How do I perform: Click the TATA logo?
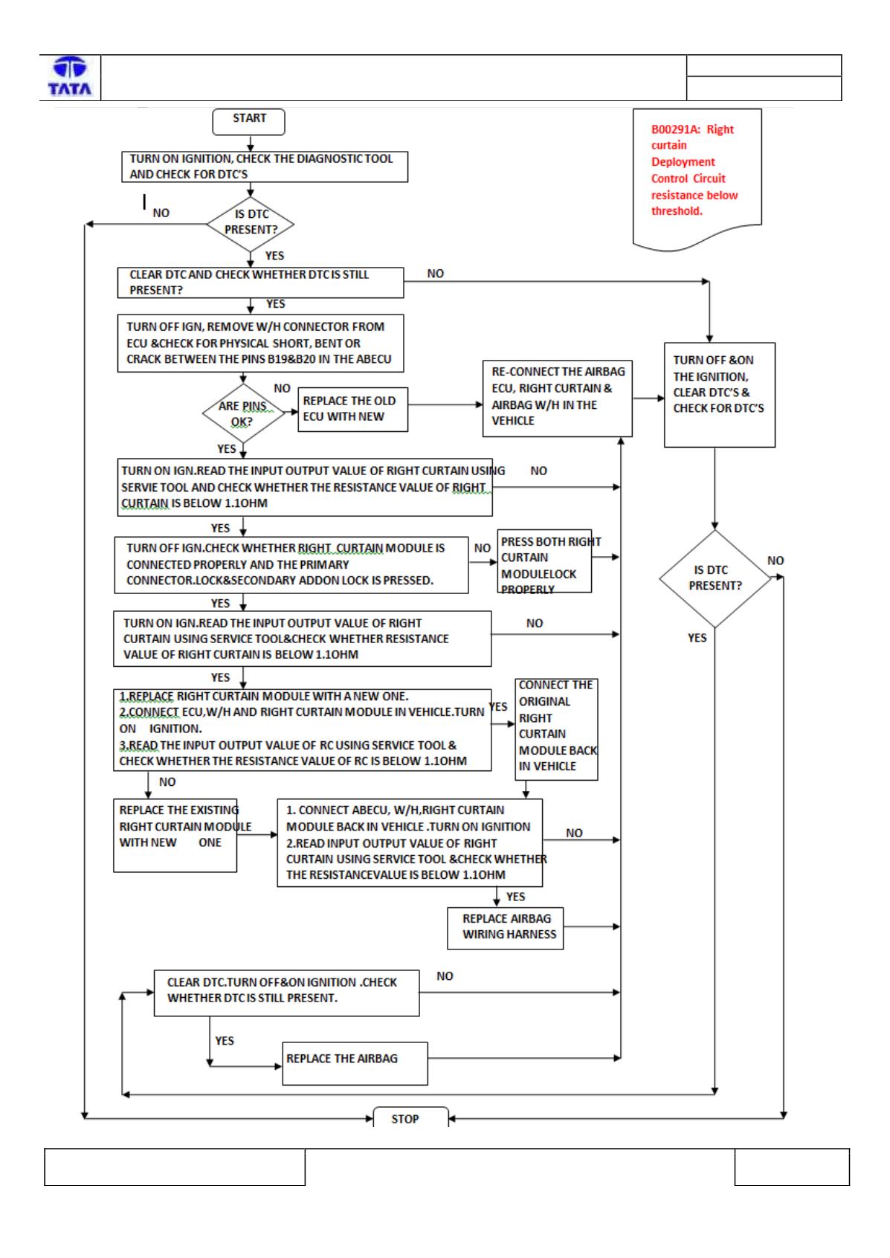pyautogui.click(x=70, y=76)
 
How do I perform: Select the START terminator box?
pyautogui.click(x=248, y=121)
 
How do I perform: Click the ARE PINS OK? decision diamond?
pyautogui.click(x=243, y=413)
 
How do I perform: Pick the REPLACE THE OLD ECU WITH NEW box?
pyautogui.click(x=352, y=409)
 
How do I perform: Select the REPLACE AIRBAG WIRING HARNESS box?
pyautogui.click(x=505, y=928)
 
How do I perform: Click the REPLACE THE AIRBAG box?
pyautogui.click(x=355, y=1063)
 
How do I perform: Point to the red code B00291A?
pyautogui.click(x=675, y=129)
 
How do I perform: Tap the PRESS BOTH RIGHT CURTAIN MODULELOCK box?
pyautogui.click(x=544, y=561)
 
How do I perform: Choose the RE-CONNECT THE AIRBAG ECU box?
pyautogui.click(x=557, y=399)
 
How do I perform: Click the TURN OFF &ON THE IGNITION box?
pyautogui.click(x=719, y=394)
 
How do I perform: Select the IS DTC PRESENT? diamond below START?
pyautogui.click(x=251, y=224)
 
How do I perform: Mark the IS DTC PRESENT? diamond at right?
pyautogui.click(x=715, y=578)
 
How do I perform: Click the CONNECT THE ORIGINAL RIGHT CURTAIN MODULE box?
pyautogui.click(x=556, y=729)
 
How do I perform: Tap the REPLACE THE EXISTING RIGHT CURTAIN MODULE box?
pyautogui.click(x=175, y=835)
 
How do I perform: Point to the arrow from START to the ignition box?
pyautogui.click(x=251, y=143)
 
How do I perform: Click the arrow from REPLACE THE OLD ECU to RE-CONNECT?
pyautogui.click(x=445, y=404)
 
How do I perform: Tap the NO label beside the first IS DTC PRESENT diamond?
pyautogui.click(x=161, y=213)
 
